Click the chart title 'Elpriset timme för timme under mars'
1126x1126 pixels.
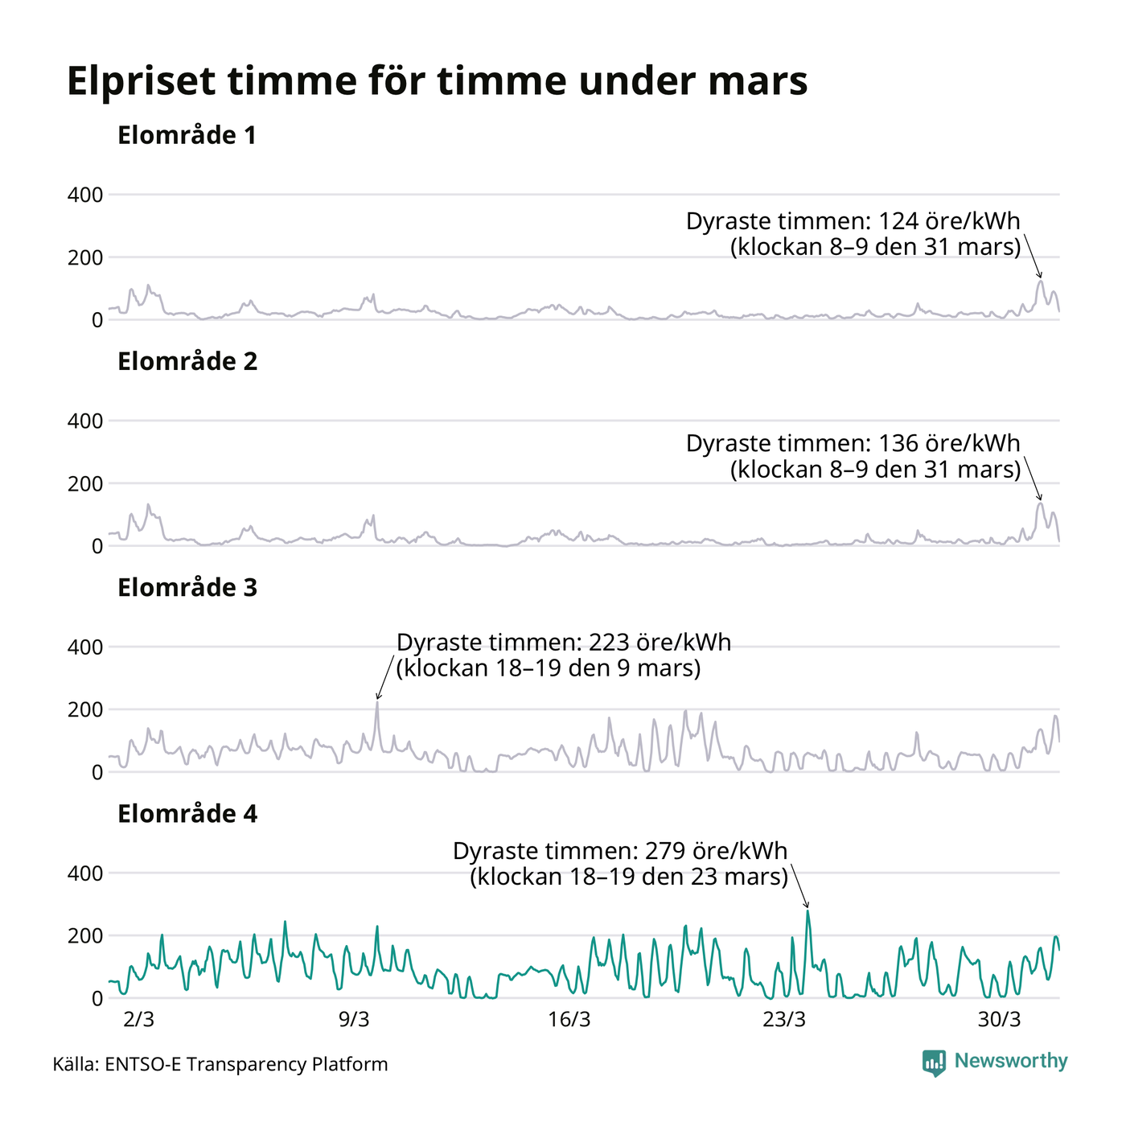pos(437,81)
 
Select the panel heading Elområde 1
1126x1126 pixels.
pos(187,135)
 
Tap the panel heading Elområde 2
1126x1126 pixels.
pos(187,362)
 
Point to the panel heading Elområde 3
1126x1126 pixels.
pos(187,588)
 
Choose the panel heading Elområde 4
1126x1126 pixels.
pos(187,814)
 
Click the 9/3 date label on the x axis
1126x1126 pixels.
pos(354,1020)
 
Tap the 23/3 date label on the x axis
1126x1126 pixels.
pos(784,1020)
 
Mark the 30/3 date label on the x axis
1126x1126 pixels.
pos(999,1020)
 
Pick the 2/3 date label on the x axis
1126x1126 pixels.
pos(138,1020)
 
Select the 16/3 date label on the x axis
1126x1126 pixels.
pos(569,1020)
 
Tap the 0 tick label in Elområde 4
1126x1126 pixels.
pos(97,998)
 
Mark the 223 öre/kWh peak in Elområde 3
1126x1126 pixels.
pos(376,702)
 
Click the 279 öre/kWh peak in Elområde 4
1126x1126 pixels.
pos(808,911)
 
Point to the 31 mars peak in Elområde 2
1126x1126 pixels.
pos(1040,503)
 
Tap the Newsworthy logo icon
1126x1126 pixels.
pos(934,1062)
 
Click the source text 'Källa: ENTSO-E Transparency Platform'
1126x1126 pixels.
pos(220,1064)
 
